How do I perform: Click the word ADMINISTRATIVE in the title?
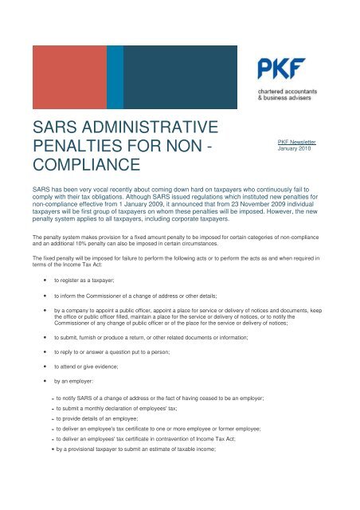158,126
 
